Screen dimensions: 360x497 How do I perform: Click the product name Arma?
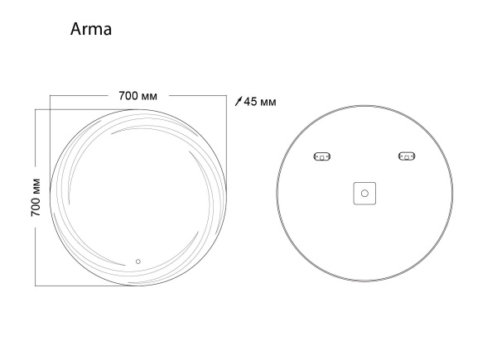91,30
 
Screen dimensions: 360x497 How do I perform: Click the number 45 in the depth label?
252,102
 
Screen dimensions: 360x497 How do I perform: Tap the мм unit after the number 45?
268,102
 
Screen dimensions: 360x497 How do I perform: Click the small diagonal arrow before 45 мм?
239,102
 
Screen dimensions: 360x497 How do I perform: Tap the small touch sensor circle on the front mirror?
138,264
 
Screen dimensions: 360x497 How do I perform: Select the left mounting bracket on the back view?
321,156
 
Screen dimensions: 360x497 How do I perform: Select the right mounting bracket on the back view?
406,156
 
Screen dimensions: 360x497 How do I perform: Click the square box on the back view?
364,194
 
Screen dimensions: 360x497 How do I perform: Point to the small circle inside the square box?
364,194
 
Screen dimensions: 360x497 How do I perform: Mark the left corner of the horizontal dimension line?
50,97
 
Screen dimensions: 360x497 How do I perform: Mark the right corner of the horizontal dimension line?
229,97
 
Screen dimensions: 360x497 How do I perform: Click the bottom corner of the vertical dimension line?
36,285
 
